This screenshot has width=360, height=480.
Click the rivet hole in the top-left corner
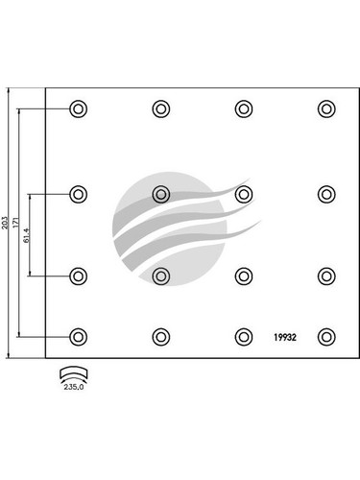(78, 108)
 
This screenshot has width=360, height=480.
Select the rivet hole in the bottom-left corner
(78, 337)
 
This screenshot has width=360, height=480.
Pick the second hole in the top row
(160, 108)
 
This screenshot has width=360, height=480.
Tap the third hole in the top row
(243, 108)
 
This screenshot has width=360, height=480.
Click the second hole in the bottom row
(160, 337)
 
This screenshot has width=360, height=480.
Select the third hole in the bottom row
(243, 337)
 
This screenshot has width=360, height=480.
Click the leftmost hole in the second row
(78, 194)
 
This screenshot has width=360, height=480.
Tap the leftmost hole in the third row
(78, 276)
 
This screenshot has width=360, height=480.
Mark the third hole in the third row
(243, 276)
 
